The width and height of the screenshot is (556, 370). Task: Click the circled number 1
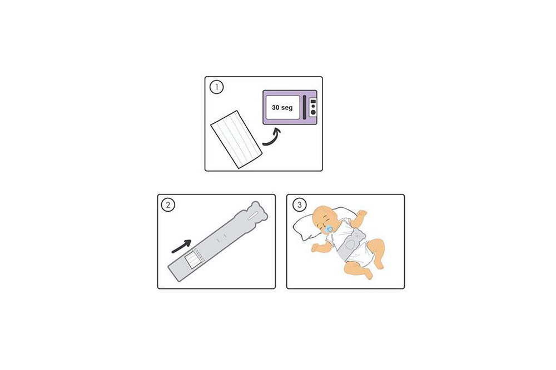point(217,87)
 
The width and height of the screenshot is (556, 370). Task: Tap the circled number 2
point(168,205)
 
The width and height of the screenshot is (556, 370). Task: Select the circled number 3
point(300,205)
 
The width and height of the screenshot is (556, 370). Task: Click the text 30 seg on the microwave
point(282,107)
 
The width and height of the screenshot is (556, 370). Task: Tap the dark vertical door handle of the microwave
point(304,107)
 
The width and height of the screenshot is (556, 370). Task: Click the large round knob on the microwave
point(312,113)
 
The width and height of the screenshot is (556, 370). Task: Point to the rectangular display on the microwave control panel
point(312,101)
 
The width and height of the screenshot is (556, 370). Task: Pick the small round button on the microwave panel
point(312,107)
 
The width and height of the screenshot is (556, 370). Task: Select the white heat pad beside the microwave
point(236,139)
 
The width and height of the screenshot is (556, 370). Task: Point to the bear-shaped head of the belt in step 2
point(255,214)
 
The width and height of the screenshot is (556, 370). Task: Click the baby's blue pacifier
point(329,229)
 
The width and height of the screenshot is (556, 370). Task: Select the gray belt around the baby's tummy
point(353,244)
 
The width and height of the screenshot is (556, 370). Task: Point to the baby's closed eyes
point(325,224)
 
